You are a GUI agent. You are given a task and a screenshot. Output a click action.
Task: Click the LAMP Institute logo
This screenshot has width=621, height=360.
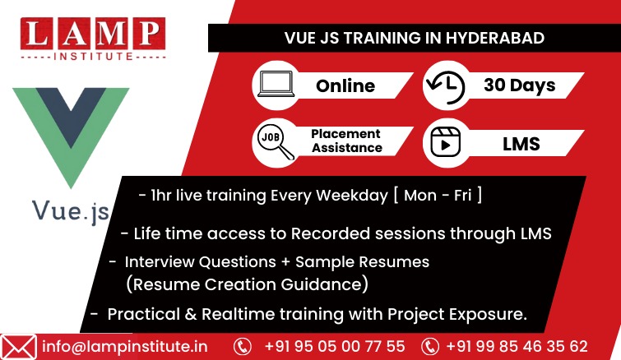pos(93,39)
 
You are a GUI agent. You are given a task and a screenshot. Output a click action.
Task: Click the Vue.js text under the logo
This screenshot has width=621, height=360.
pos(71,212)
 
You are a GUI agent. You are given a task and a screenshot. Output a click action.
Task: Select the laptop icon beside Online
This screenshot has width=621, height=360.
pos(276,84)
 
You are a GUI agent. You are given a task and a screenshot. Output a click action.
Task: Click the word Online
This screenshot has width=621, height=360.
pos(345,85)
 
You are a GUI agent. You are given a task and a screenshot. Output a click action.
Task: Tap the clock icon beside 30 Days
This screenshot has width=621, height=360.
pos(446,86)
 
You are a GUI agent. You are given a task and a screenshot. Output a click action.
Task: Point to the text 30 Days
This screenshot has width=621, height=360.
pos(520,85)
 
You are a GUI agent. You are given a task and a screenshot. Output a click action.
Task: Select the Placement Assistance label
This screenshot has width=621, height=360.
pos(346,141)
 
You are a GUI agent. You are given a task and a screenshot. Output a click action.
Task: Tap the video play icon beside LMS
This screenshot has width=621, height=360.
pos(446,142)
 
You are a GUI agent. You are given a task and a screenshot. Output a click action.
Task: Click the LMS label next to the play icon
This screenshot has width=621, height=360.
pos(521,144)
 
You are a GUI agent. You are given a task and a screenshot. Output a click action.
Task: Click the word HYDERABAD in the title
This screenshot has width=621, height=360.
pos(495,38)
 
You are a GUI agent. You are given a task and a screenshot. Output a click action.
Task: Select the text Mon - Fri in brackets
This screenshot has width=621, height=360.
pos(438,196)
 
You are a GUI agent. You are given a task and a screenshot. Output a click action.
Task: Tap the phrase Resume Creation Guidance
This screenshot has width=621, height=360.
pos(247,284)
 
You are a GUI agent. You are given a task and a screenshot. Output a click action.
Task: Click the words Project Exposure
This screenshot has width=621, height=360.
pos(457,315)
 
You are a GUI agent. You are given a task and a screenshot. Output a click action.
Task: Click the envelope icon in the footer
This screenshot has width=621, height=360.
pos(18,348)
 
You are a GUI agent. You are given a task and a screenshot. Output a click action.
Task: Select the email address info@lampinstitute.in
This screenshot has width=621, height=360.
pos(125,347)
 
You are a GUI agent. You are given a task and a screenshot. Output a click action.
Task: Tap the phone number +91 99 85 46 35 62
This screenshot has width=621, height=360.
pos(517,347)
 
